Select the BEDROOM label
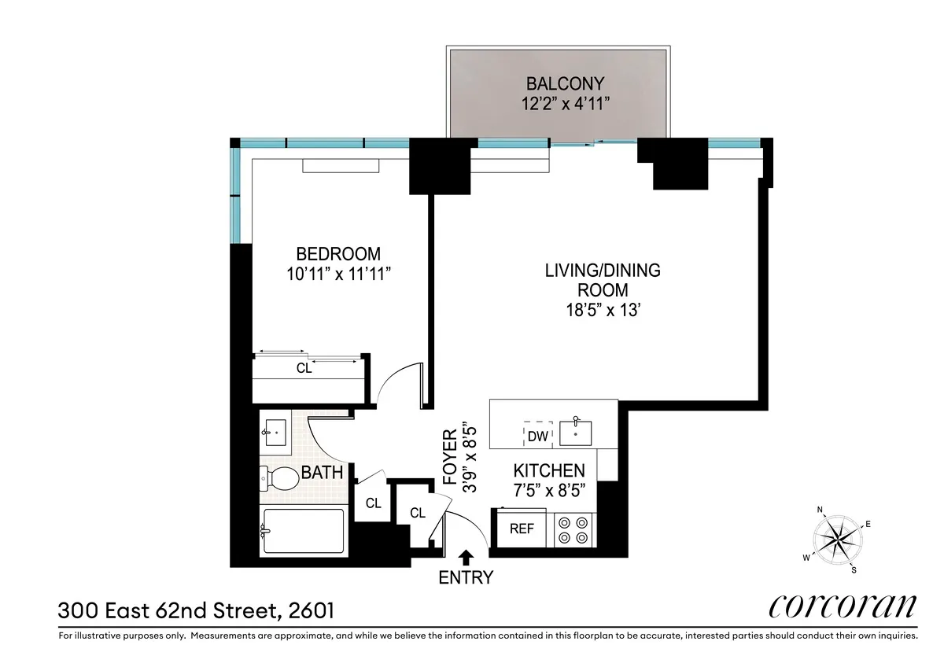point(337,254)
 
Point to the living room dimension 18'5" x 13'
point(603,310)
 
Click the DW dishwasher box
point(537,434)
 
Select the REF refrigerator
point(522,529)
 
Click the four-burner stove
point(573,529)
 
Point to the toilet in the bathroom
point(276,476)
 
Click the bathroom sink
point(275,429)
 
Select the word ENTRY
point(466,578)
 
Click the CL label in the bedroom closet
point(304,367)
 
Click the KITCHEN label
point(549,470)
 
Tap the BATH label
point(323,473)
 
